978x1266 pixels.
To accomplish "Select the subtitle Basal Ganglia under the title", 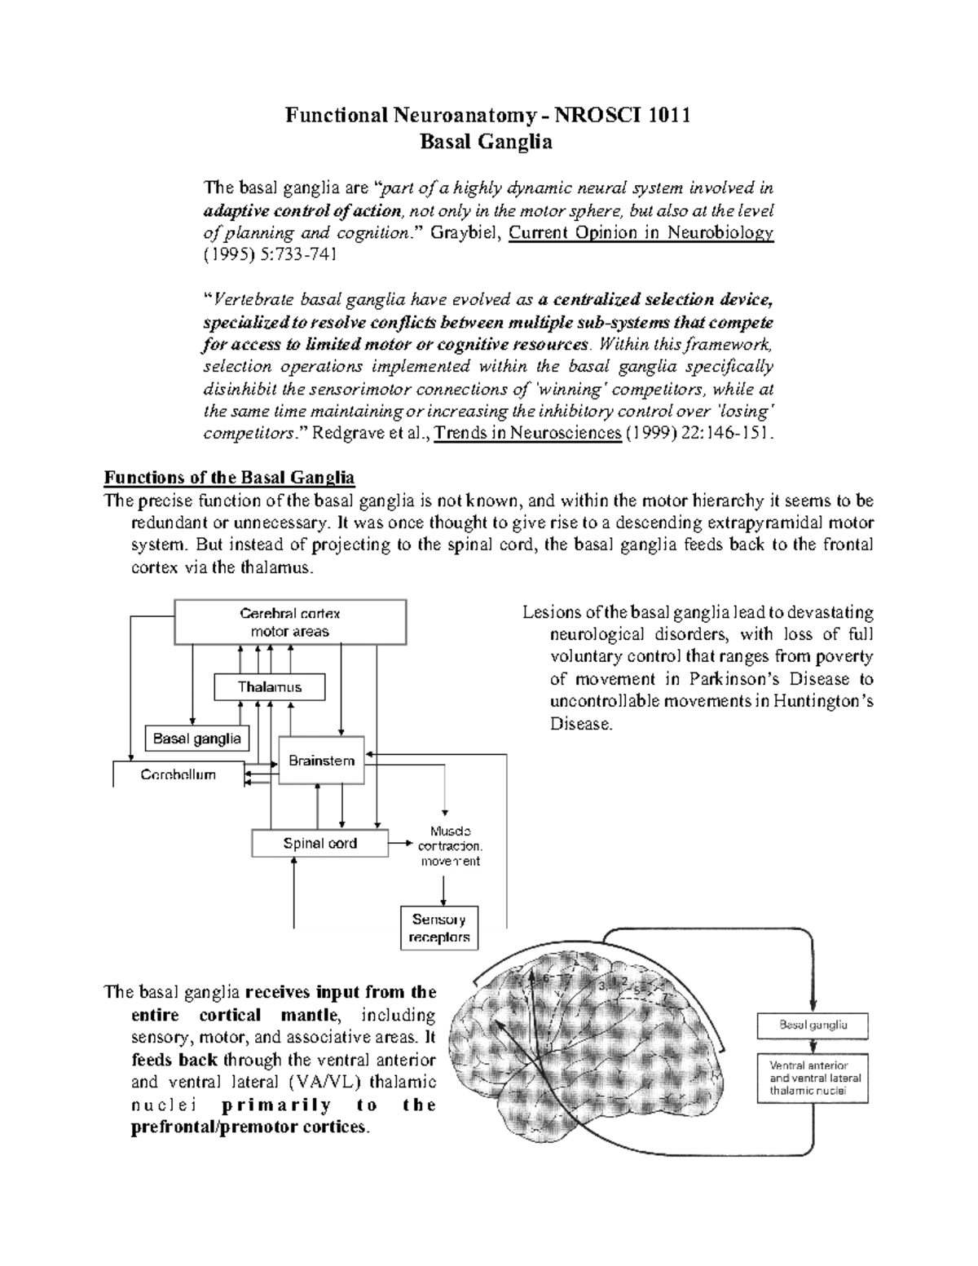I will tap(486, 142).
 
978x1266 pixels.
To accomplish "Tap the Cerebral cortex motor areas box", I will tap(290, 622).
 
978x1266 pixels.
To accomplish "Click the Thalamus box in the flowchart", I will tap(269, 686).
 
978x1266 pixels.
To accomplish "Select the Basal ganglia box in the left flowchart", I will tap(197, 739).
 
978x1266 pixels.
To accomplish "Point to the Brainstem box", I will tap(321, 761).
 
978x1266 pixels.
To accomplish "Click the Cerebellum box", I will tap(178, 774).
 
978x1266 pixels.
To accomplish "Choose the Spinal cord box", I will tap(319, 843).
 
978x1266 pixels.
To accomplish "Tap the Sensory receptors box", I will tap(439, 928).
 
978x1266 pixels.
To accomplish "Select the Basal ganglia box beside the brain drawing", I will tap(813, 1025).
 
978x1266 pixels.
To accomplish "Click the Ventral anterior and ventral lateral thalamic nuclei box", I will tap(813, 1078).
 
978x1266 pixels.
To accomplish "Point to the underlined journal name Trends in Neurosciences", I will tap(527, 432).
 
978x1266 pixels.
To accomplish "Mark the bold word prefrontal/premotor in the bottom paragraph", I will tap(214, 1127).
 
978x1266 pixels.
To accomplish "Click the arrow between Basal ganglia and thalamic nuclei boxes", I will tap(813, 1044).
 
